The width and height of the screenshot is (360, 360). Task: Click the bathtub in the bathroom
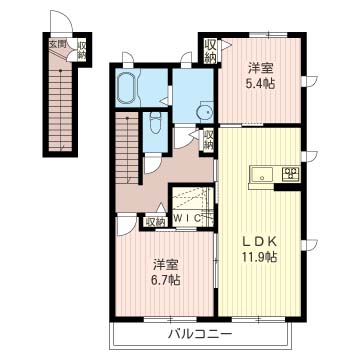pos(126,88)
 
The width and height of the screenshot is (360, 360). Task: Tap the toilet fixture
pos(155,123)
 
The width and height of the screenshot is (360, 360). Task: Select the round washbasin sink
pos(204,112)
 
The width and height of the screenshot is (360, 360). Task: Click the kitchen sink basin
pos(262,174)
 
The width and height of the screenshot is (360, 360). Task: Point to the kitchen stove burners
pos(291,174)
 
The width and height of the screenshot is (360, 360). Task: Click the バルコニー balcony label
pos(199,334)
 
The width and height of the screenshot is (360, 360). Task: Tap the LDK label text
pos(258,242)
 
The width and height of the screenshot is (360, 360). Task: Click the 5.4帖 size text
pos(261,84)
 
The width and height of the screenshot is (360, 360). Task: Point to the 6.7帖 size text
pos(167,280)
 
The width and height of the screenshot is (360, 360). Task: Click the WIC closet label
pos(188,219)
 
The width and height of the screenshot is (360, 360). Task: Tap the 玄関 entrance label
pos(57,44)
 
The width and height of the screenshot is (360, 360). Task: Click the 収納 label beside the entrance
pos(82,50)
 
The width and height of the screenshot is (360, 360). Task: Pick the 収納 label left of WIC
pos(156,222)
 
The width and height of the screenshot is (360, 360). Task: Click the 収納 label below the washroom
pos(209,140)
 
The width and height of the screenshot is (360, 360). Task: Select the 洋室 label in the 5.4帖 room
pos(261,69)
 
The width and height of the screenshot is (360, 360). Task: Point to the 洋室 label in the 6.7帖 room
pos(167,265)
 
